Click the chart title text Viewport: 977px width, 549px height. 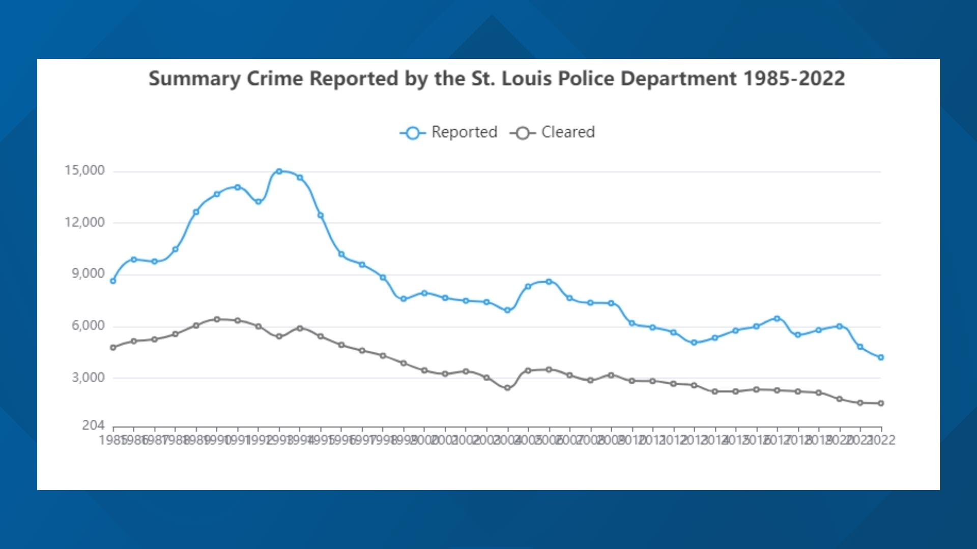(496, 79)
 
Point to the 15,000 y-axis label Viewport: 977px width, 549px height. (84, 170)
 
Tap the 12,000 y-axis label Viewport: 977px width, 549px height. (84, 222)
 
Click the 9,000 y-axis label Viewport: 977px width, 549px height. (88, 274)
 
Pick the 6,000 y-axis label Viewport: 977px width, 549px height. (88, 326)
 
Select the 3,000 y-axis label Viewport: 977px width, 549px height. (88, 378)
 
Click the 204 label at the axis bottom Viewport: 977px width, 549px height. (93, 425)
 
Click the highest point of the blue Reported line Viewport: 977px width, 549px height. (279, 171)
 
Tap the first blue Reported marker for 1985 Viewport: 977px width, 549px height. (113, 281)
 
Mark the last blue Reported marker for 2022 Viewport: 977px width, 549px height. (881, 357)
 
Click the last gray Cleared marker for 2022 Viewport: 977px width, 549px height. (881, 403)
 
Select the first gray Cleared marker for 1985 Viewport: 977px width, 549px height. (113, 348)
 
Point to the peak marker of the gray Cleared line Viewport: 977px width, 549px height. (217, 319)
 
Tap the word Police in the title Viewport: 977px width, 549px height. (586, 79)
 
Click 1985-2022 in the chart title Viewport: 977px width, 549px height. (794, 79)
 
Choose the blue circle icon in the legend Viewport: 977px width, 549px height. (413, 133)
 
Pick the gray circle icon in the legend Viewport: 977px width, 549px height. (522, 133)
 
